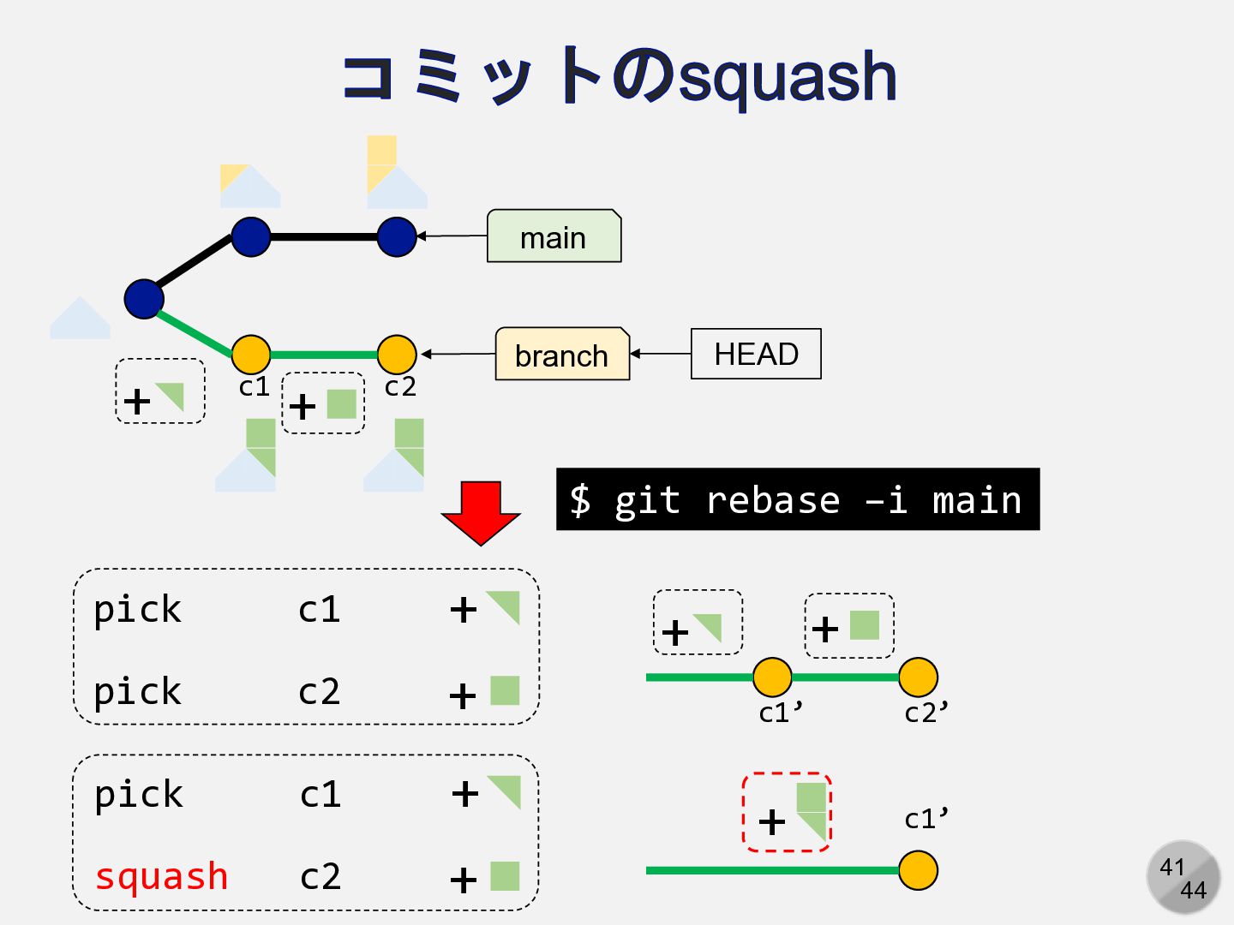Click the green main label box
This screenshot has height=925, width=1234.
[x=554, y=236]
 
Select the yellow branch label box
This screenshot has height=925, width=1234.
[x=562, y=355]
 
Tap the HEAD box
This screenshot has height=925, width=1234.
[x=756, y=354]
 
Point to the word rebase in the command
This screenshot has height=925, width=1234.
[x=772, y=500]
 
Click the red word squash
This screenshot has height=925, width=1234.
[x=162, y=876]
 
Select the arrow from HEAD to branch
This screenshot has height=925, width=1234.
[x=661, y=354]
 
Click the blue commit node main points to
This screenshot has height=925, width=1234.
[x=397, y=236]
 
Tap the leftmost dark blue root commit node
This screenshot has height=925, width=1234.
[x=144, y=299]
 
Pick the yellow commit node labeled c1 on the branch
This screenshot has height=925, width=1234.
[x=251, y=354]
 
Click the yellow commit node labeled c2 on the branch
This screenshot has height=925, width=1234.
[x=397, y=354]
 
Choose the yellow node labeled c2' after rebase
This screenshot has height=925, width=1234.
[x=919, y=677]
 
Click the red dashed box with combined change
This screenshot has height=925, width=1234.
[x=787, y=812]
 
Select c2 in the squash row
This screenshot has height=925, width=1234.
[x=320, y=876]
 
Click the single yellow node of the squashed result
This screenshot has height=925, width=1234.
[x=919, y=871]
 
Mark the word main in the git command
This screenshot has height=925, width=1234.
[x=977, y=500]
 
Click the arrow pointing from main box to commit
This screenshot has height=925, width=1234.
[x=452, y=236]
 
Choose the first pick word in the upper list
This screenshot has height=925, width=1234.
[x=138, y=610]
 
